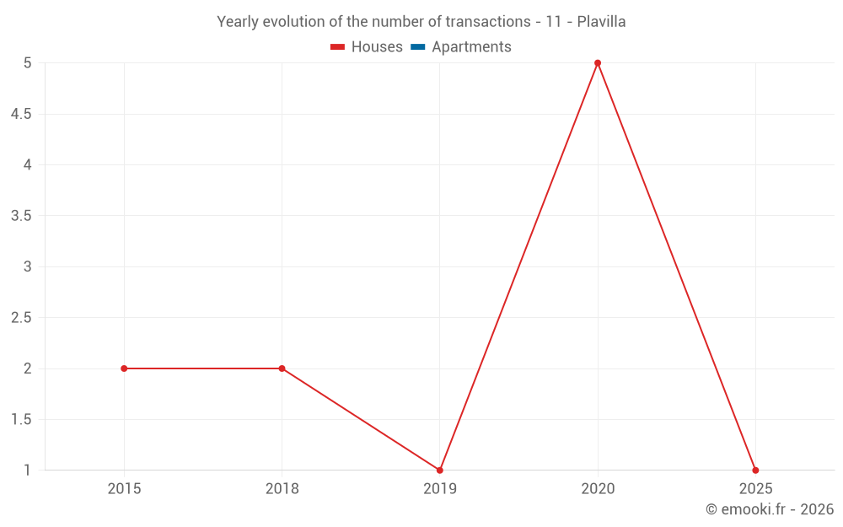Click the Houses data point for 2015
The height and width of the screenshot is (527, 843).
click(124, 368)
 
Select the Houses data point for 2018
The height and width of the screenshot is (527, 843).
click(282, 368)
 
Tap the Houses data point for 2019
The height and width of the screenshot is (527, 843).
click(440, 470)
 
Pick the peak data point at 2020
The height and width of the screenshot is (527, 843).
click(598, 63)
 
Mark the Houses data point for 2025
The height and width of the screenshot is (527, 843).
click(755, 470)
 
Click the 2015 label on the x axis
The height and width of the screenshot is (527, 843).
click(124, 488)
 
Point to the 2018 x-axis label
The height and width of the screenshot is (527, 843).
click(282, 488)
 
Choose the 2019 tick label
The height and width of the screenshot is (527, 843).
click(440, 488)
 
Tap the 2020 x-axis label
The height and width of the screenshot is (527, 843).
click(598, 488)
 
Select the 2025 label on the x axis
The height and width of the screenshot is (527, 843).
click(755, 488)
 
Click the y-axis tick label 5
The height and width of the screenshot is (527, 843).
click(27, 63)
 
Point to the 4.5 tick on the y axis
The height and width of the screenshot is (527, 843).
click(21, 114)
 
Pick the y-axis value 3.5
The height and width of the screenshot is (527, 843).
click(21, 216)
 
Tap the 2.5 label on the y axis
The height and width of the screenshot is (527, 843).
click(21, 318)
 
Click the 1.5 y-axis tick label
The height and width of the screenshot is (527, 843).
click(21, 420)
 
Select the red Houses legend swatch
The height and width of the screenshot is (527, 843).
click(338, 47)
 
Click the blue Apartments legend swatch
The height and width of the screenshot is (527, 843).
click(418, 47)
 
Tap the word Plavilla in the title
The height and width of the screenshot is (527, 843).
click(601, 22)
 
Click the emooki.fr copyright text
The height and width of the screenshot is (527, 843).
click(769, 509)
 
